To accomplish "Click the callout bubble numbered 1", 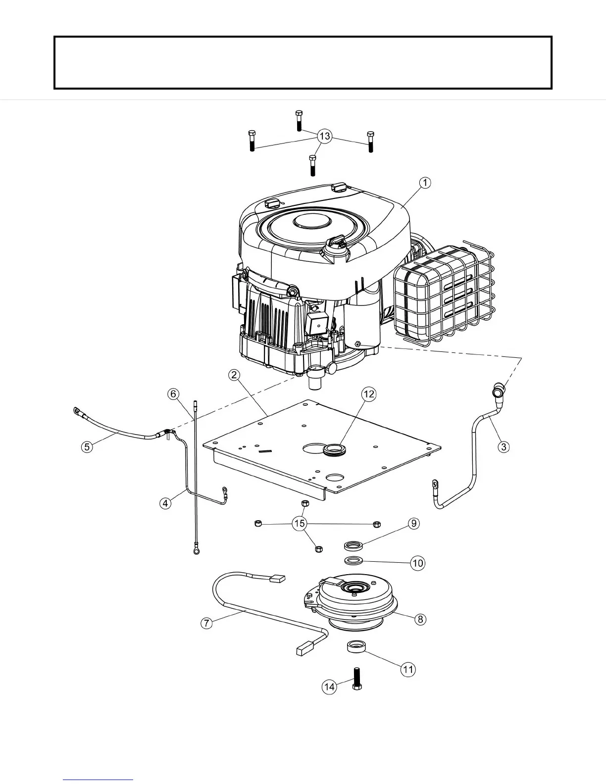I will click(x=425, y=183).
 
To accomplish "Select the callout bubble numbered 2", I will click(x=235, y=375).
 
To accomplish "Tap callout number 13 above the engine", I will click(x=324, y=136).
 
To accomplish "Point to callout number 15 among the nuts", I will click(x=299, y=524).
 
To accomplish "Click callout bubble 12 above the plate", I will click(x=369, y=394).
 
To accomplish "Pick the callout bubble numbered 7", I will click(x=206, y=623).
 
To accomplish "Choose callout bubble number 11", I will click(x=408, y=670).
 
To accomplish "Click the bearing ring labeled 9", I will click(x=353, y=546).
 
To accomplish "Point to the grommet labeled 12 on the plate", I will click(x=332, y=449).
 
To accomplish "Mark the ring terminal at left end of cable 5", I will click(x=77, y=410).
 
